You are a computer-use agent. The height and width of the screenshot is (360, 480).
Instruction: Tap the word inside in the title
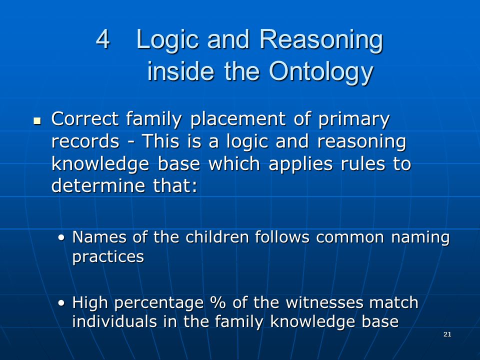point(180,71)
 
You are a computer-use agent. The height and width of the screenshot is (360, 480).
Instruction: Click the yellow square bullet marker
point(37,120)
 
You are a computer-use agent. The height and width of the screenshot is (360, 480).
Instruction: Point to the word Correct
point(85,119)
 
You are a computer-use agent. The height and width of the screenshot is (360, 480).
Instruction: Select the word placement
point(238,119)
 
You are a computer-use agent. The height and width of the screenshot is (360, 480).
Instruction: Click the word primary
point(354,120)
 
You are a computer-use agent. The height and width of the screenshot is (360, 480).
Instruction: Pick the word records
point(85,141)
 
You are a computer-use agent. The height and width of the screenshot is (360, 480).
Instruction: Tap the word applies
point(300,164)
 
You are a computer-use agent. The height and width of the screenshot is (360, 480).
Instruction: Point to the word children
point(217,237)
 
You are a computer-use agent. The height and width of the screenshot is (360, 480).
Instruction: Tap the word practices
point(108,257)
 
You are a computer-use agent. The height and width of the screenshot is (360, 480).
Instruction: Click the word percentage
point(159,303)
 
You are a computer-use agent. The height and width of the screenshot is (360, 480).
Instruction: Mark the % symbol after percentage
point(218,302)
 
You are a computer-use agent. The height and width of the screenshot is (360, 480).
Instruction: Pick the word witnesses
point(324,302)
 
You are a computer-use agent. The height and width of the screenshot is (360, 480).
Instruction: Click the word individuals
point(114,321)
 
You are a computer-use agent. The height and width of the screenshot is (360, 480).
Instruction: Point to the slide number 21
point(447,334)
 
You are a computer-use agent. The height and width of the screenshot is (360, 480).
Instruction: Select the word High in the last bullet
point(90,303)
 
